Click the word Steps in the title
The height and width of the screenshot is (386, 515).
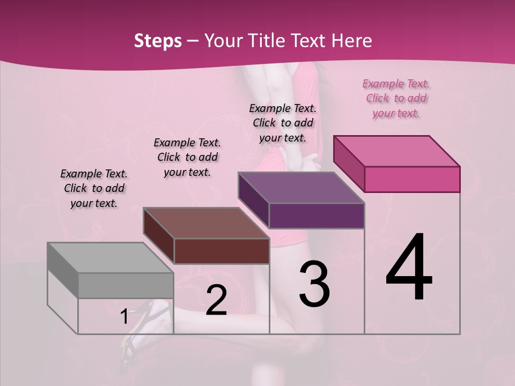click(x=158, y=41)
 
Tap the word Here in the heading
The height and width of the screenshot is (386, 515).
click(x=352, y=41)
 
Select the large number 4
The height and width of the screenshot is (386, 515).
click(x=409, y=268)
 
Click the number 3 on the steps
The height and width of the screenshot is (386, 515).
click(x=314, y=284)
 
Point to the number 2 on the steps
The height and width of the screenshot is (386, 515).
click(x=216, y=300)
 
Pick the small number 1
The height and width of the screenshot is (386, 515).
click(x=124, y=317)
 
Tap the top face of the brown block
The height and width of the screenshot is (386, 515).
click(x=206, y=223)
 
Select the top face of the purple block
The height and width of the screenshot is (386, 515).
click(x=301, y=188)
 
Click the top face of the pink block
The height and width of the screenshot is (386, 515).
click(x=396, y=151)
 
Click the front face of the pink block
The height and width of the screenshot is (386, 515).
click(x=412, y=179)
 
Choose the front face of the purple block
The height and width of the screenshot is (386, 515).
click(x=317, y=216)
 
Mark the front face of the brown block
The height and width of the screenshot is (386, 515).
click(x=222, y=251)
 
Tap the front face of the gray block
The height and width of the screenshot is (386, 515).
click(x=126, y=285)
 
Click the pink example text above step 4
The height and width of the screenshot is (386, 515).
click(x=396, y=99)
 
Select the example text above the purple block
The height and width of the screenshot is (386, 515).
click(x=283, y=123)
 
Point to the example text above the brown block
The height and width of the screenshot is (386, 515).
click(x=187, y=157)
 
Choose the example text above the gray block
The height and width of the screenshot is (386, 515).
click(x=94, y=188)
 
